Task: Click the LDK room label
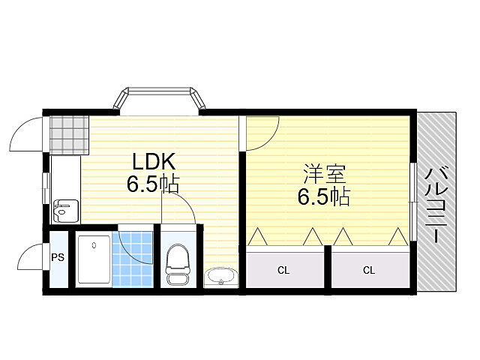point(154,161)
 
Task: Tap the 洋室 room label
point(324,175)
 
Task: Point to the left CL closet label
point(283,270)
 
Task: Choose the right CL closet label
point(368,270)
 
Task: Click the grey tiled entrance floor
point(68,133)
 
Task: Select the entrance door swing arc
point(26,134)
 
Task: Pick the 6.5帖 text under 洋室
point(324,196)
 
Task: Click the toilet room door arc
point(180,208)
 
